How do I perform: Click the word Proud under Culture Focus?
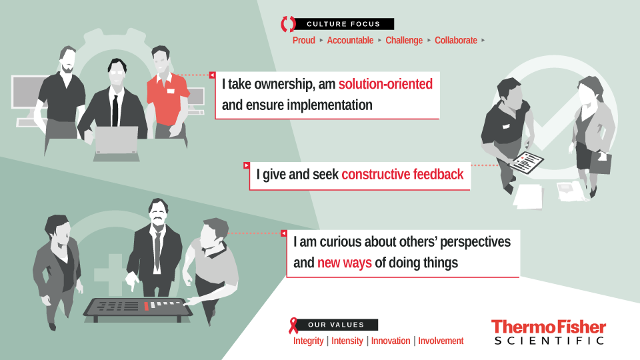pos(304,41)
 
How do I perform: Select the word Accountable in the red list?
pos(350,41)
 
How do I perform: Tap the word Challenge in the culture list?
pos(404,41)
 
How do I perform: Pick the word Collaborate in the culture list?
pos(456,41)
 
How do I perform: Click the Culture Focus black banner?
pos(344,24)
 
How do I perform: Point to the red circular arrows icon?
pos(288,24)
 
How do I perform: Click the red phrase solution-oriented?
pos(385,84)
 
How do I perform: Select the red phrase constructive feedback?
pos(403,175)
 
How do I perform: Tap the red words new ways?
pos(345,263)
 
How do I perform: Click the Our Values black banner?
pos(337,325)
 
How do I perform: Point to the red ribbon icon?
pos(293,326)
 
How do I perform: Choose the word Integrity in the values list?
pos(308,341)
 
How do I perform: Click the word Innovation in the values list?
pos(391,341)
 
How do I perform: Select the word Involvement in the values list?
pos(441,341)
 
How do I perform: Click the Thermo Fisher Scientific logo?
pos(549,332)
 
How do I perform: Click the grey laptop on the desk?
pos(116,140)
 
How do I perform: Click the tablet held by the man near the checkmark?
pos(527,162)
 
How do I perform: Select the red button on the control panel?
pos(146,306)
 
